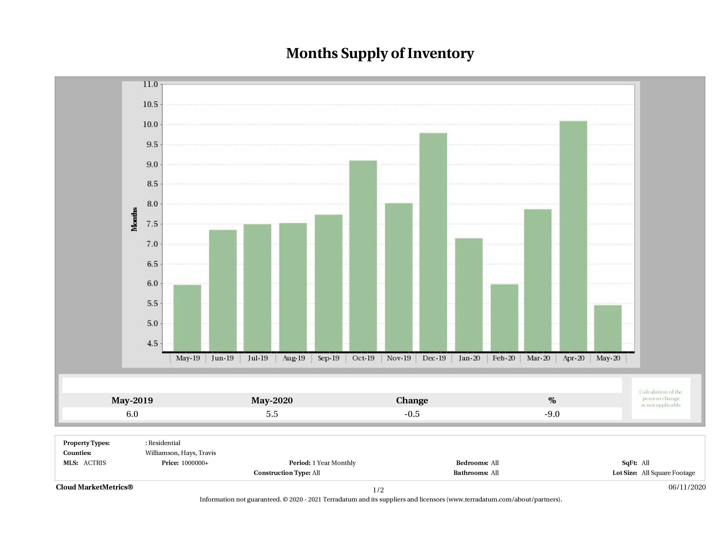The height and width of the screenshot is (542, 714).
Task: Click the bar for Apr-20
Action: pos(573,236)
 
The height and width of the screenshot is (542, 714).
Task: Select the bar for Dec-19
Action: pos(433,242)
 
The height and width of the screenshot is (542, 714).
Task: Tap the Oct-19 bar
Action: pos(363,256)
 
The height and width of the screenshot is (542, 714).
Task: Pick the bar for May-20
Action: pos(608,328)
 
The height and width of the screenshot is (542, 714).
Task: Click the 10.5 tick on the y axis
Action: pos(150,104)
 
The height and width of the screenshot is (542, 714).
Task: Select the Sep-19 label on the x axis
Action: pos(328,358)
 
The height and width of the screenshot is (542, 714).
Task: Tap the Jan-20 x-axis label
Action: pos(469,358)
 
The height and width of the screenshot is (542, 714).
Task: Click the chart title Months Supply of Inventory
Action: pos(380,53)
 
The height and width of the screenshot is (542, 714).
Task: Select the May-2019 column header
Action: pos(132,400)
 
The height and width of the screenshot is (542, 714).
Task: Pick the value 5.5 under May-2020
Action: pos(272,414)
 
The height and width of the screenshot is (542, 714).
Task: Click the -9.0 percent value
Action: pos(552,414)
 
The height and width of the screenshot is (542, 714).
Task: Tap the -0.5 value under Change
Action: pos(412,414)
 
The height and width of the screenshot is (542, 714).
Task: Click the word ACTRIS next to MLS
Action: pos(94,463)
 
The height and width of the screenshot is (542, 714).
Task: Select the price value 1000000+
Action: pos(195,463)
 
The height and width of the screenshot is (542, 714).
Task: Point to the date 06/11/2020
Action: pos(687,487)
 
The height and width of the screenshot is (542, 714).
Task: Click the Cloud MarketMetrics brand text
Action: pos(94,487)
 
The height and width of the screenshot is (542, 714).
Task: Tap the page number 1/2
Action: pos(378,490)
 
